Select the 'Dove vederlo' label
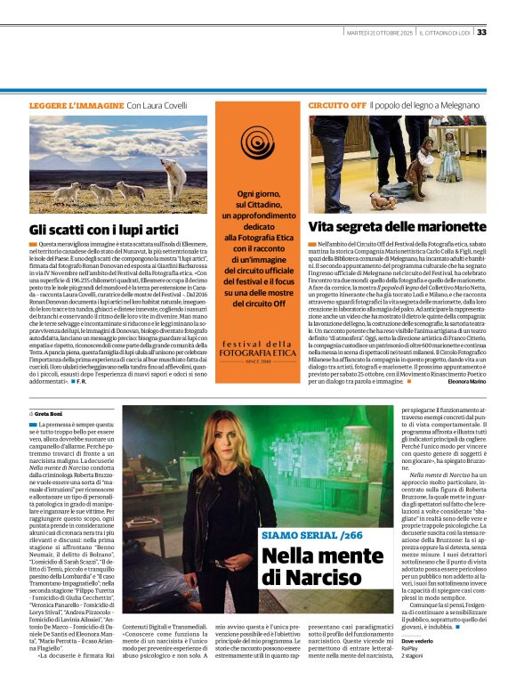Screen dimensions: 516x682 418,640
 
